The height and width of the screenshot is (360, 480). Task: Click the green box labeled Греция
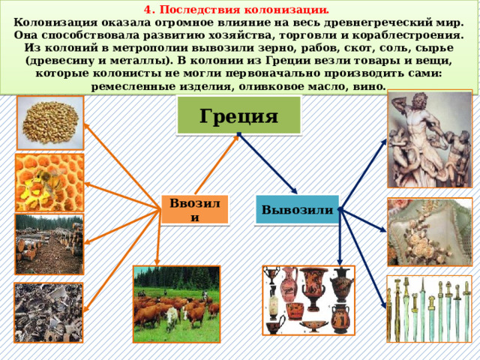tap(238, 116)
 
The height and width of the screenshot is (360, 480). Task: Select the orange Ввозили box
tap(194, 209)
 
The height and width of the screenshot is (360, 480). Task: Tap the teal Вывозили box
tap(298, 209)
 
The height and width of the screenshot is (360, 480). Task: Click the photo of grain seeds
tap(51, 122)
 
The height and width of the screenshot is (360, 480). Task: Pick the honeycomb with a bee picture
tap(49, 181)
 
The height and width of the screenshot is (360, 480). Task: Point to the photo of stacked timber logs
tap(49, 243)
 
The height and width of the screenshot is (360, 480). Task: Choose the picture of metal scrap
tap(49, 312)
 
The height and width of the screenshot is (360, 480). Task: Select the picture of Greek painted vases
tap(308, 299)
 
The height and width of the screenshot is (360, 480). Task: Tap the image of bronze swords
tap(428, 308)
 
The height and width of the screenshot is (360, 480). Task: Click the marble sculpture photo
tap(429, 139)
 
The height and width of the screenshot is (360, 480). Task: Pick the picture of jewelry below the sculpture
tap(429, 231)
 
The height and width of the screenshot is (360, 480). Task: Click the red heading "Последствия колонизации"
tap(240, 10)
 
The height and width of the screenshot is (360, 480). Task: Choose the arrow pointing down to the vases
tap(340, 240)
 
